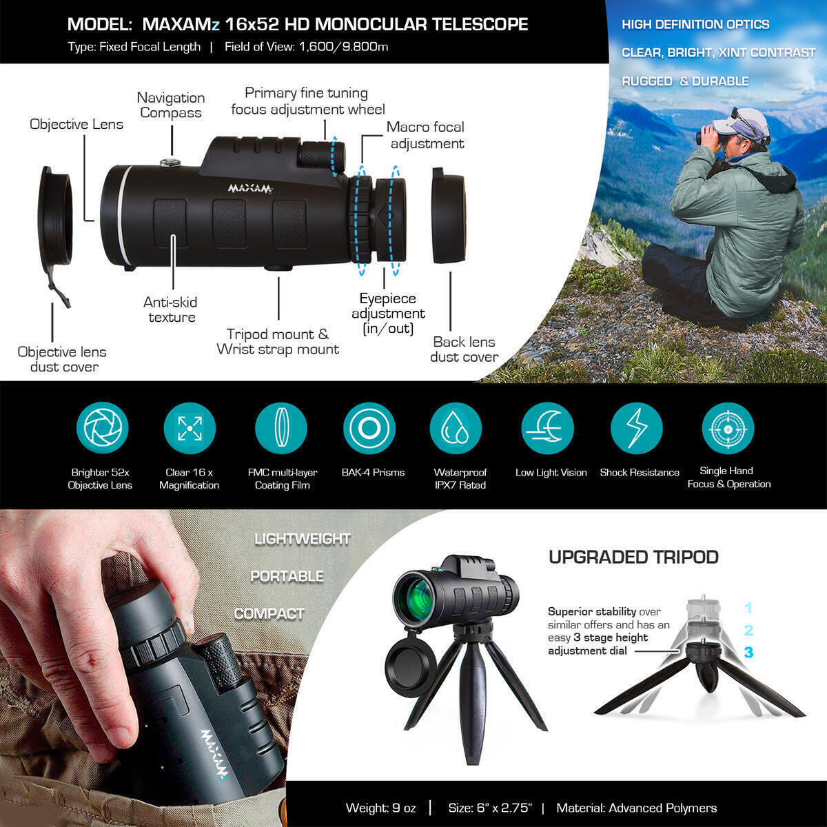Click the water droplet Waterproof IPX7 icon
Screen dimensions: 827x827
pos(456,429)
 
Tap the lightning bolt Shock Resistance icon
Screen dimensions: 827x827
pos(637,429)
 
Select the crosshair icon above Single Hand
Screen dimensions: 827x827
pos(728,429)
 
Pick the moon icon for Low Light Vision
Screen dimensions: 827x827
pos(548,429)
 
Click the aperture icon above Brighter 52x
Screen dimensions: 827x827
pos(103,429)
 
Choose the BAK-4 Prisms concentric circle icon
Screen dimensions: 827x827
pos(369,429)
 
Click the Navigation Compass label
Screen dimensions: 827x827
pos(171,105)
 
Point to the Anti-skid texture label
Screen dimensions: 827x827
pos(172,309)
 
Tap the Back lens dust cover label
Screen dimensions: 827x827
pos(464,349)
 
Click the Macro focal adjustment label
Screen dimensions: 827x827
pos(426,135)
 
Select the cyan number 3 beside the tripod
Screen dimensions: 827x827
pos(748,652)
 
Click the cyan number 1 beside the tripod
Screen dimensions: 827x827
pos(748,609)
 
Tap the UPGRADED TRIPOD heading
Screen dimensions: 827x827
pos(633,557)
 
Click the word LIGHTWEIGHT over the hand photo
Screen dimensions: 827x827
pos(303,539)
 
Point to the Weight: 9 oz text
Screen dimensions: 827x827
pos(381,808)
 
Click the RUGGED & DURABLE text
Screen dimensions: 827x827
pos(685,81)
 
